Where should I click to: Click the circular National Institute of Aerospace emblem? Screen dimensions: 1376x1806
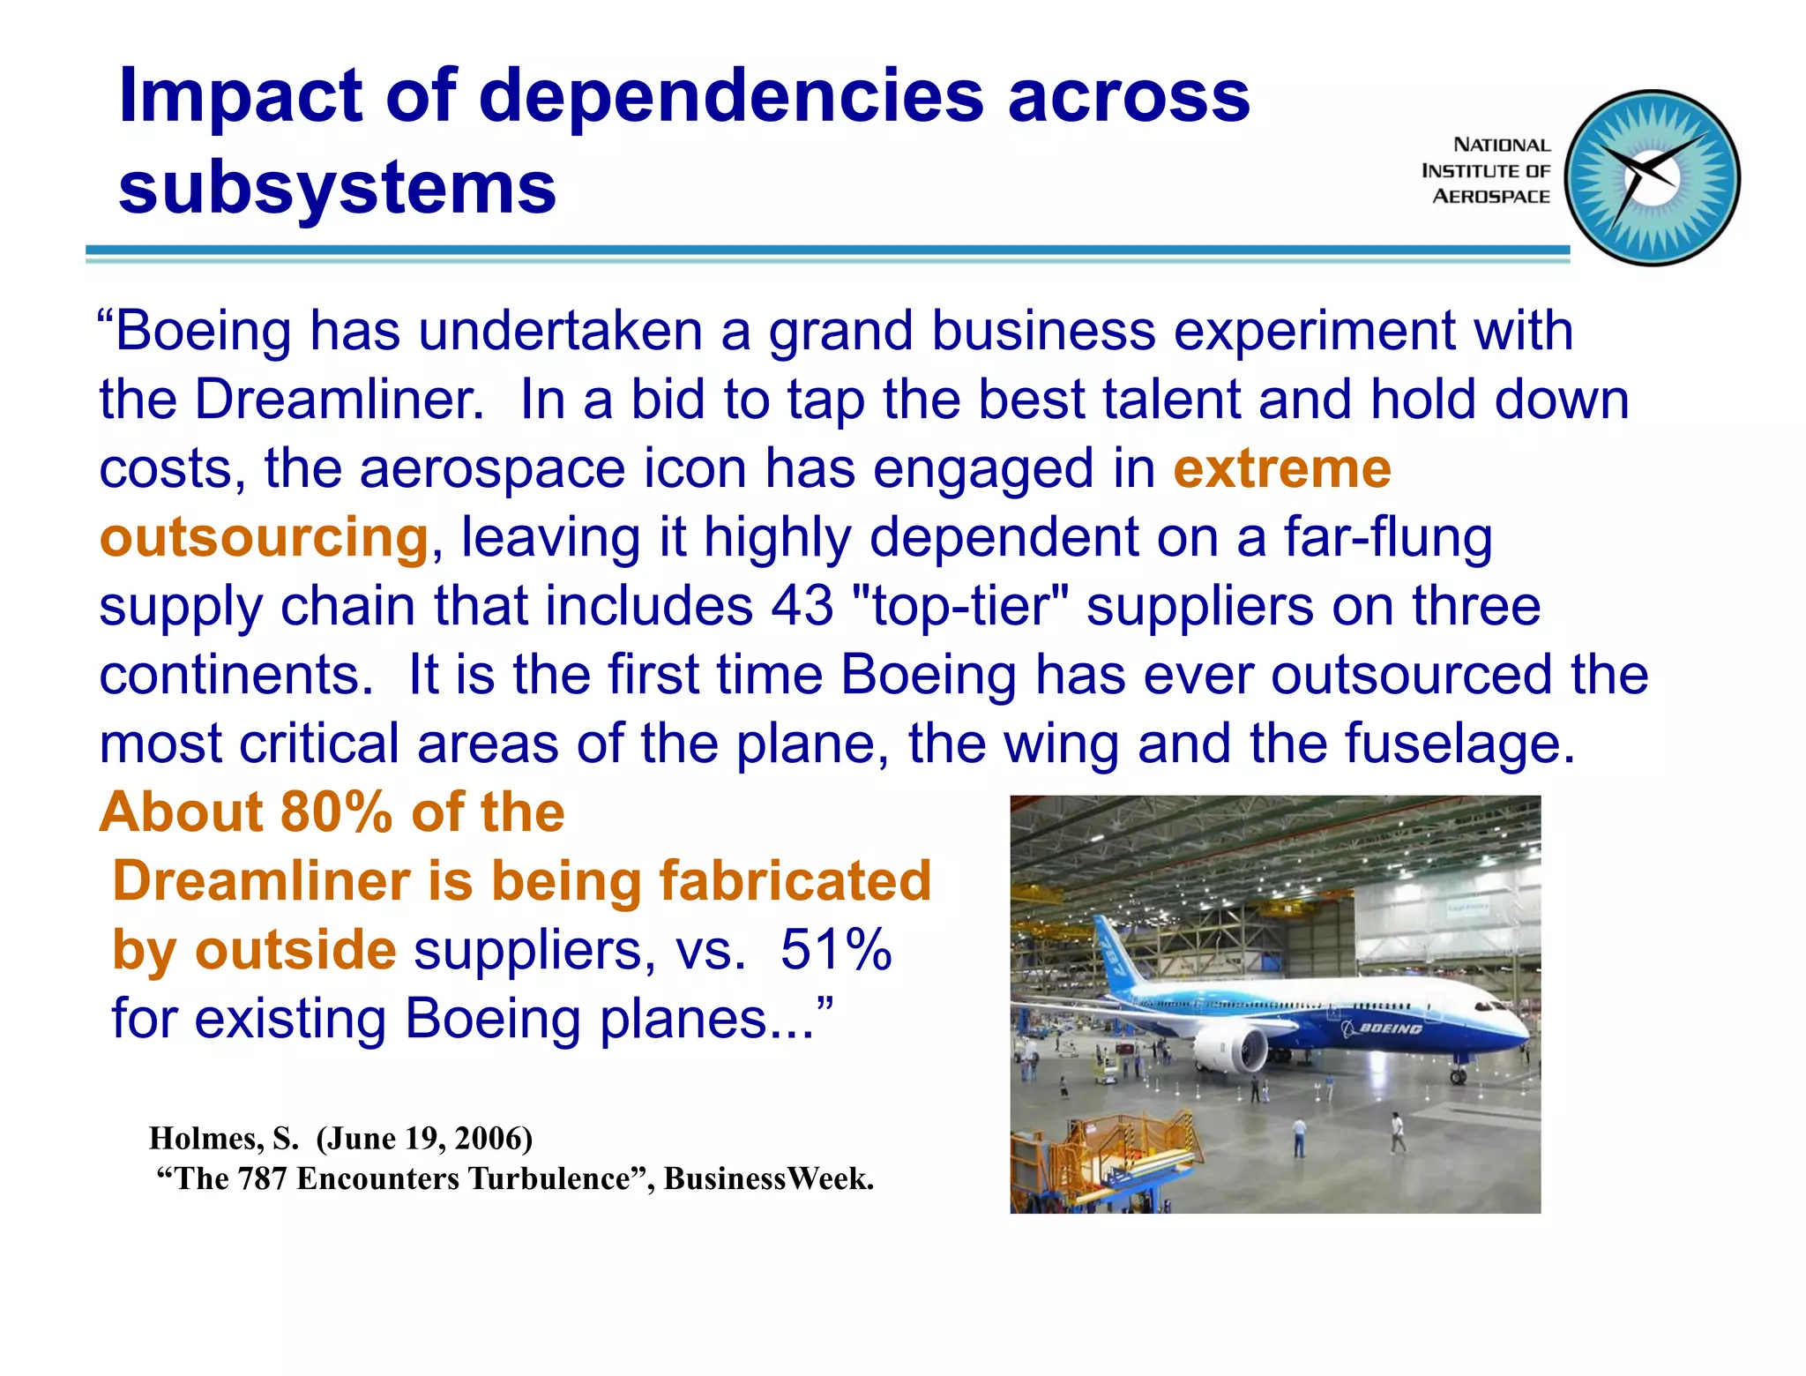click(1653, 178)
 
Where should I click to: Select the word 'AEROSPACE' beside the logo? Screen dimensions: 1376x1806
click(1490, 197)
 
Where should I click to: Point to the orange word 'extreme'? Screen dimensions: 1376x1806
click(1281, 468)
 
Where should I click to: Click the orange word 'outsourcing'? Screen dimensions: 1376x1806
click(264, 537)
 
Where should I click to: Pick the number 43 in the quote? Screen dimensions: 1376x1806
click(802, 606)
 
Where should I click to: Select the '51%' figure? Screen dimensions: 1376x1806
click(836, 950)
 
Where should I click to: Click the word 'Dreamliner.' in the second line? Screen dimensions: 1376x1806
click(340, 400)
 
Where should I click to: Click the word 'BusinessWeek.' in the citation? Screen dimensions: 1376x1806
click(768, 1179)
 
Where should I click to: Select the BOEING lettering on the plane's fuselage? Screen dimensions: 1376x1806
click(1390, 1028)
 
